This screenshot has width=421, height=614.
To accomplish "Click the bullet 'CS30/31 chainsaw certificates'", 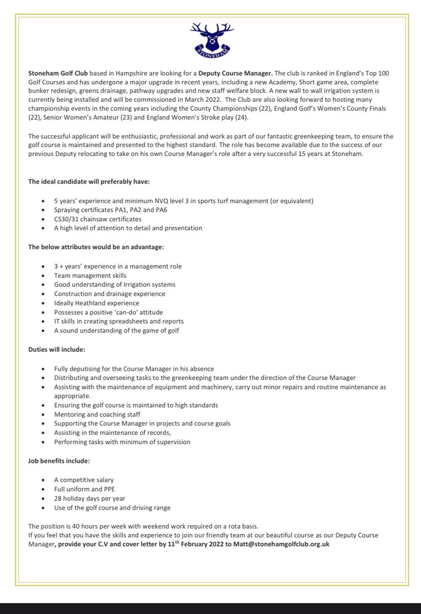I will pos(98,219).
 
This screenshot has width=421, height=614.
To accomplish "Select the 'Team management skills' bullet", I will pos(90,275).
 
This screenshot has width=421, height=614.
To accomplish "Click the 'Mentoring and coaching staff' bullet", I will pos(97,414).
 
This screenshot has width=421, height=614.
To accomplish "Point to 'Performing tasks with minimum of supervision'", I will pos(122,442).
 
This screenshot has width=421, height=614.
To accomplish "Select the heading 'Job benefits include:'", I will pos(59,461).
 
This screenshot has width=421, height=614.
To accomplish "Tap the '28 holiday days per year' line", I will pos(90,498).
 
